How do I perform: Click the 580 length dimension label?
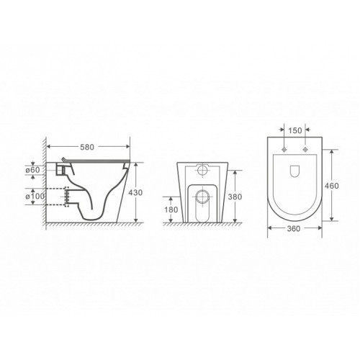pyautogui.click(x=87, y=147)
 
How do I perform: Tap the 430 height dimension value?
pyautogui.click(x=135, y=192)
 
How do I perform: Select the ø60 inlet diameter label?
pyautogui.click(x=32, y=170)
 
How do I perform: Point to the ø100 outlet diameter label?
pyautogui.click(x=35, y=197)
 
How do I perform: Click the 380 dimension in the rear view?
pyautogui.click(x=235, y=197)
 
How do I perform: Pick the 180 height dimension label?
pyautogui.click(x=171, y=210)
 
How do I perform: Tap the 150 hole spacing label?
pyautogui.click(x=295, y=130)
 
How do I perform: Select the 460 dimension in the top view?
pyautogui.click(x=332, y=186)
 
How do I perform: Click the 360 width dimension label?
pyautogui.click(x=294, y=228)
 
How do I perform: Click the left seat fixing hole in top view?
pyautogui.click(x=284, y=150)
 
